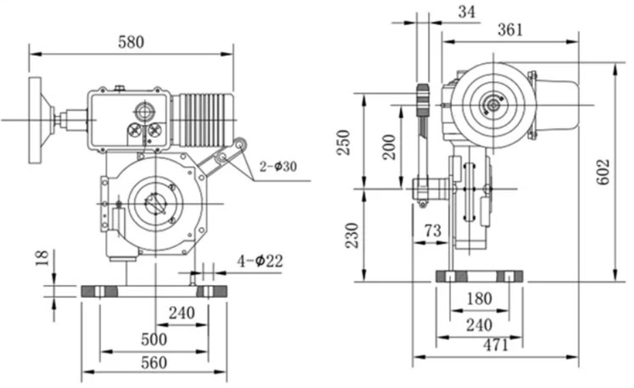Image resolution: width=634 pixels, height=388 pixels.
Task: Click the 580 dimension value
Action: click(x=131, y=42)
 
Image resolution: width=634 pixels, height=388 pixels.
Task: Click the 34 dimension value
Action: click(x=467, y=12)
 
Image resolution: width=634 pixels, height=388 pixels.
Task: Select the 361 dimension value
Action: click(x=509, y=29)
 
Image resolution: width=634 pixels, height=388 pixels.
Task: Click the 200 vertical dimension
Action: click(x=389, y=146)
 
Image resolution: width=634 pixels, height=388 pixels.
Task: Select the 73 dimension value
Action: click(x=432, y=230)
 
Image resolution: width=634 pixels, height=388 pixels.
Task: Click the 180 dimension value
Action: click(x=479, y=299)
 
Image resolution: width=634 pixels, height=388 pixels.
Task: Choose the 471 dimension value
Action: click(x=495, y=345)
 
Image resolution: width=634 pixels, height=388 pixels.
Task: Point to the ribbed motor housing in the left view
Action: click(x=203, y=120)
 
